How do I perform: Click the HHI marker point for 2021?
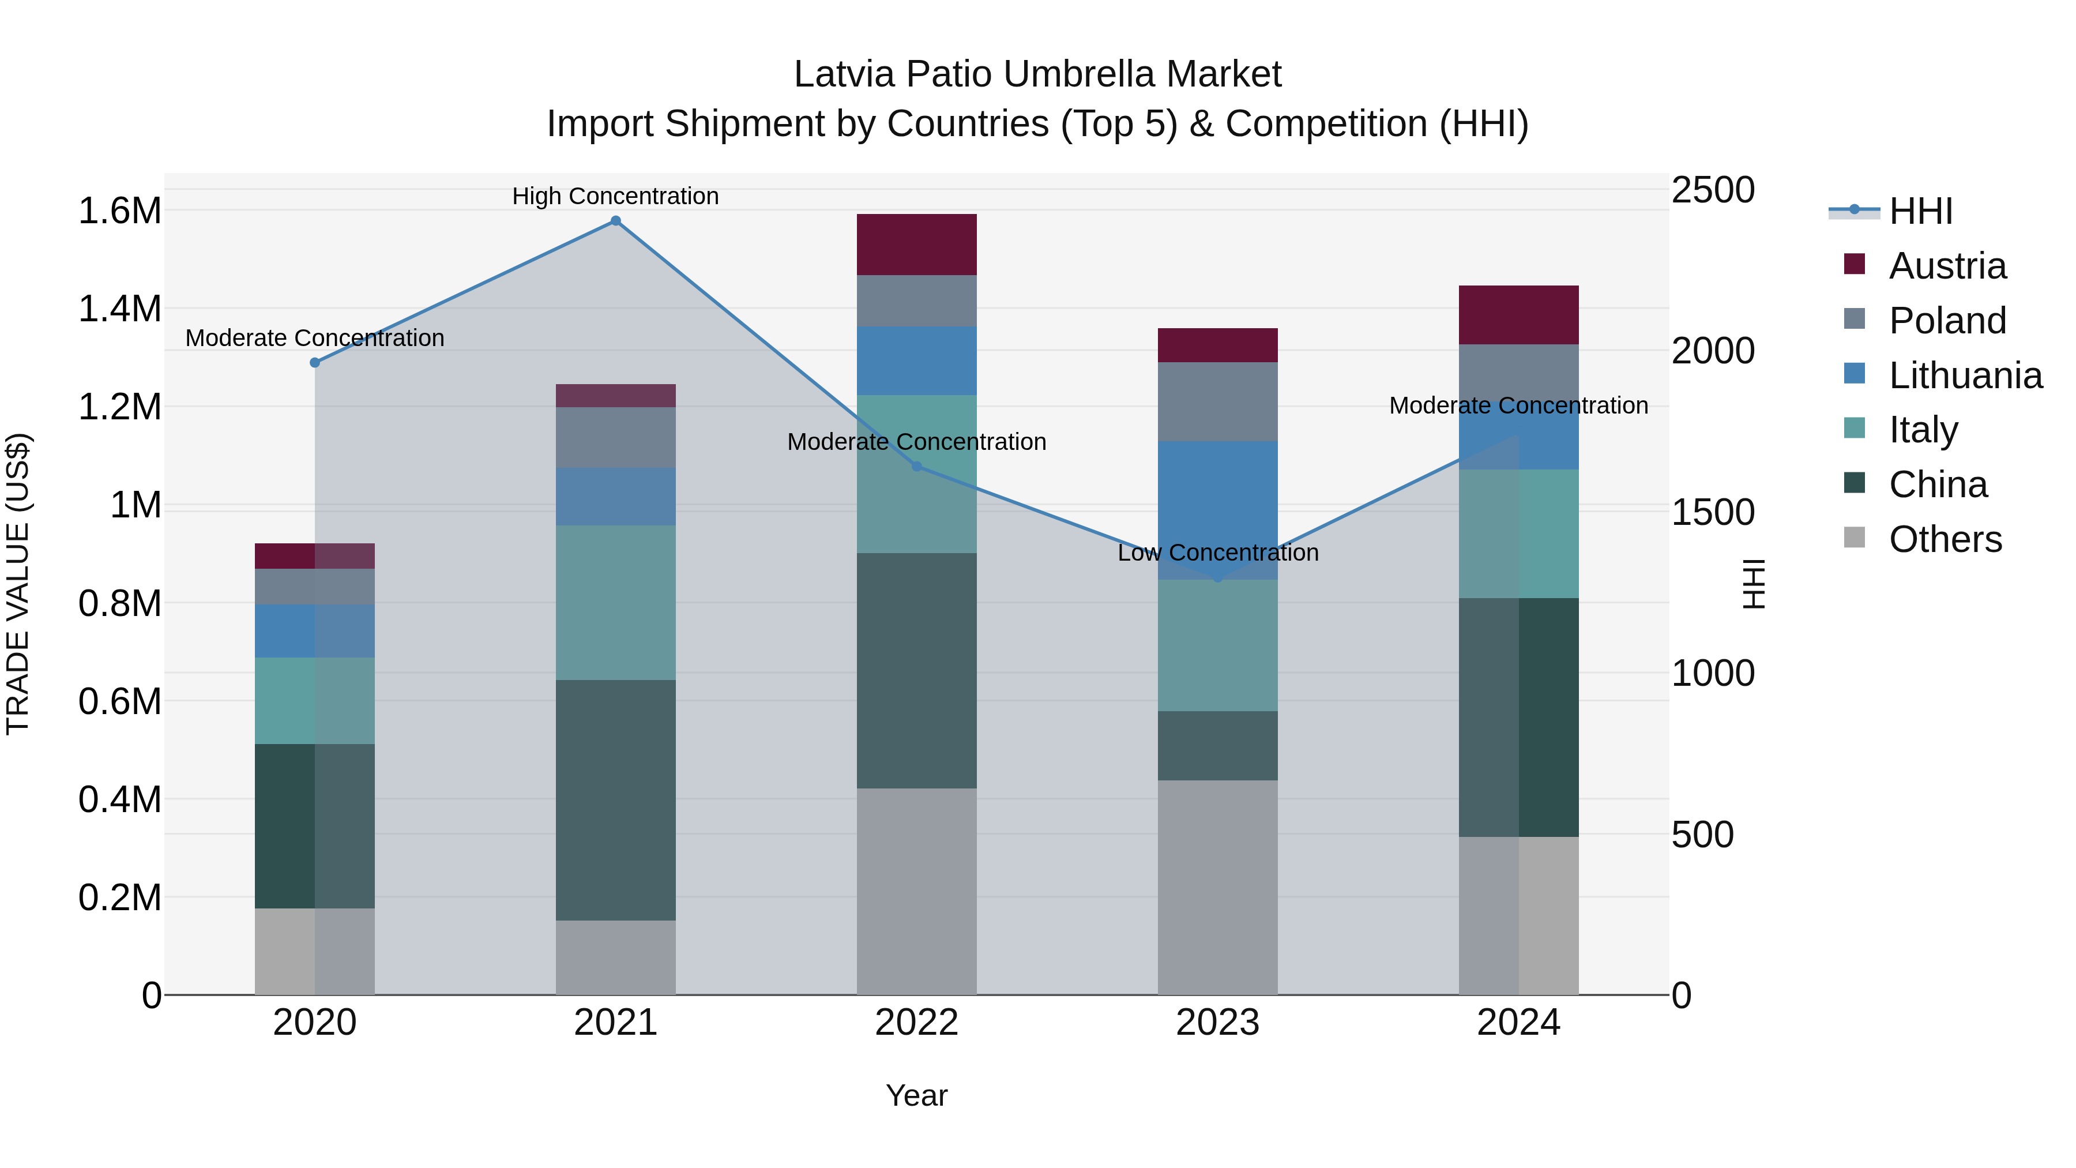[x=616, y=221]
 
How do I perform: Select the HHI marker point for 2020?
[x=315, y=363]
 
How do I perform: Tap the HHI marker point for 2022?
[x=916, y=467]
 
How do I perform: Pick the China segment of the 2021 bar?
[x=616, y=799]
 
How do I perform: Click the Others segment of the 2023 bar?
[x=1218, y=887]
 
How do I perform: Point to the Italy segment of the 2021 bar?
[x=616, y=602]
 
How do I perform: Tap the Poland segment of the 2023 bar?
[x=1218, y=401]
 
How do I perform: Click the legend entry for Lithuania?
[x=1965, y=375]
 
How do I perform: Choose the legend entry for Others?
[x=1945, y=539]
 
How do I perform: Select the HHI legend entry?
[x=1920, y=211]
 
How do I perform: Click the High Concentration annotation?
[x=616, y=196]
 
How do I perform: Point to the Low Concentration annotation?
[x=1218, y=553]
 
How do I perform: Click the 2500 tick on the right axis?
[x=1713, y=190]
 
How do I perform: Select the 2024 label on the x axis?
[x=1518, y=1023]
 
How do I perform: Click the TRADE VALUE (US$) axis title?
[x=18, y=584]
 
